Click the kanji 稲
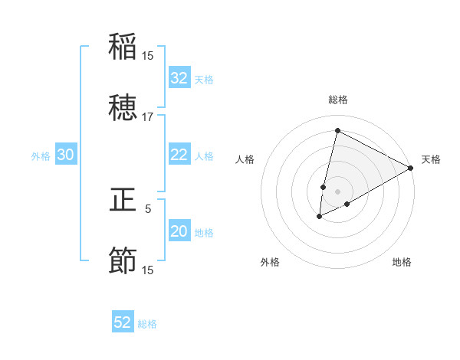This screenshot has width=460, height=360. [123, 47]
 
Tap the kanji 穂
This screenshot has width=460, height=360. [123, 108]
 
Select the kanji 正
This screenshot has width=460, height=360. [123, 200]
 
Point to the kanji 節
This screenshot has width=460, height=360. [123, 261]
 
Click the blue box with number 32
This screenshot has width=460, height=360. [179, 78]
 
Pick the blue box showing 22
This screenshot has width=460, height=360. [179, 155]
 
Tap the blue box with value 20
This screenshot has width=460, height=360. [179, 231]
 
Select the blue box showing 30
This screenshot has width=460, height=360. [66, 155]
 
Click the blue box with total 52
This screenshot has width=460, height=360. [123, 322]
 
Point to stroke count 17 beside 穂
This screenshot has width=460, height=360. [147, 116]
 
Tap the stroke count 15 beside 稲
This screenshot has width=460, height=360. [147, 55]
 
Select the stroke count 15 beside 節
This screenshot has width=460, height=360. [147, 270]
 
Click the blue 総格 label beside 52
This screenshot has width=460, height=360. [148, 324]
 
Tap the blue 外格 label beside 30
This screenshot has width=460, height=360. [41, 156]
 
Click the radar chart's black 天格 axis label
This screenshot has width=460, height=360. [431, 159]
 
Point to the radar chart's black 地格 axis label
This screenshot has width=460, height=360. [402, 262]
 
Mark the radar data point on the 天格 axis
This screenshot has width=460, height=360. [411, 168]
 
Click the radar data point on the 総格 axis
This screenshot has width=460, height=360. [337, 129]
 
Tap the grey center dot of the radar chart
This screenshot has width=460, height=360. [337, 191]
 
